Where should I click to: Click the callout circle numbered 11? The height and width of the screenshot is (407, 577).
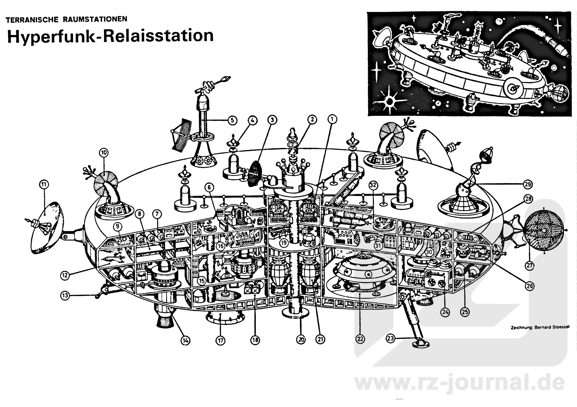click(44, 184)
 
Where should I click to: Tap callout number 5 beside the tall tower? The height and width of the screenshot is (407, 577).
click(232, 120)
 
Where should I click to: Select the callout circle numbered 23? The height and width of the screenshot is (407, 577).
click(390, 339)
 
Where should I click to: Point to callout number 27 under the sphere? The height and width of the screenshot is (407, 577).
click(530, 266)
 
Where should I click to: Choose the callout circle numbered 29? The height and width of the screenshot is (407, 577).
click(528, 184)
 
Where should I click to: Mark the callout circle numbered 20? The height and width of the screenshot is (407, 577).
click(301, 339)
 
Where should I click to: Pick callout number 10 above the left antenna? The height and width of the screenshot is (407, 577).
click(104, 153)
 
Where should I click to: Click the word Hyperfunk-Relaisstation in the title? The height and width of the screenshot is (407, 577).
click(110, 36)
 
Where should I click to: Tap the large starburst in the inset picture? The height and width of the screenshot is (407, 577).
click(389, 102)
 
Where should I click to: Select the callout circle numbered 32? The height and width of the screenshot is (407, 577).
click(373, 185)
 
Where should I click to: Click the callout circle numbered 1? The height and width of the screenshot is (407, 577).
click(332, 119)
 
